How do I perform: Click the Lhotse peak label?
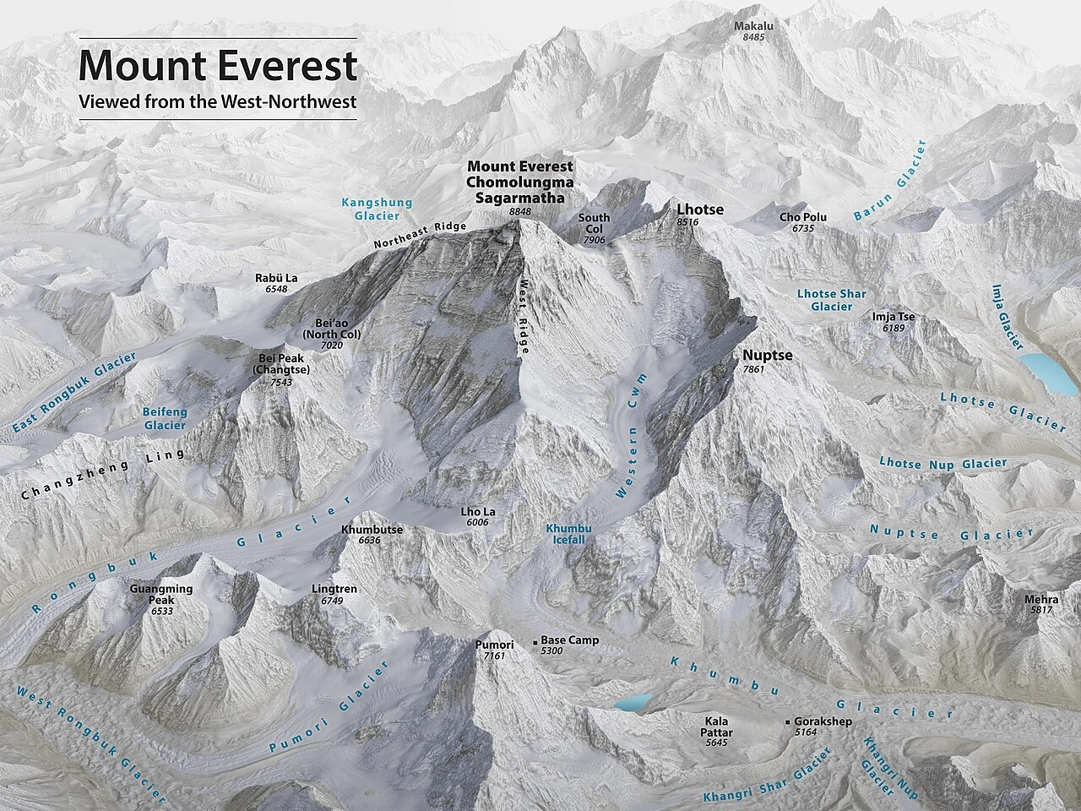click(700, 209)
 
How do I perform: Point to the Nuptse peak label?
click(767, 356)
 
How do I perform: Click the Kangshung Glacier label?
click(377, 209)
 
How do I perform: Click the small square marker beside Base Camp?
click(535, 643)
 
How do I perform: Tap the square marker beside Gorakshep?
click(788, 722)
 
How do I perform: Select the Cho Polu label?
click(803, 217)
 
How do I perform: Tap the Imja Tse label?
click(894, 318)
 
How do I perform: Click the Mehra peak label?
click(1040, 600)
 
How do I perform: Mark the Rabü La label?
click(276, 278)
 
